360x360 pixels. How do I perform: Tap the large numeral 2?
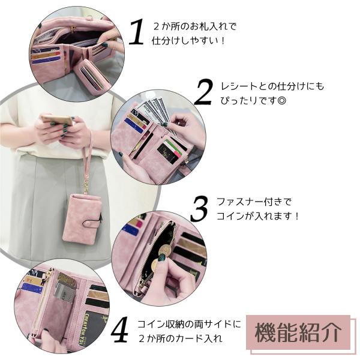(x=204, y=92)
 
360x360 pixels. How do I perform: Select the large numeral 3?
(x=199, y=209)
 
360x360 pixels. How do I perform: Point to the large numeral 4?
(x=119, y=329)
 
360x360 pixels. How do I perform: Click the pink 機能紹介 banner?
(x=298, y=332)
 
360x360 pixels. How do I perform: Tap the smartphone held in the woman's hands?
(x=58, y=120)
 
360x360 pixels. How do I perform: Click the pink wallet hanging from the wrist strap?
(x=82, y=218)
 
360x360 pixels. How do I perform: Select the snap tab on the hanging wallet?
(x=93, y=222)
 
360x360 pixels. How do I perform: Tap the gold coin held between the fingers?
(x=164, y=249)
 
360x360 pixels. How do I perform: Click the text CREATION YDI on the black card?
(x=88, y=329)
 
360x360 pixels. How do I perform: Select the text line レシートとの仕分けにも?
(x=272, y=86)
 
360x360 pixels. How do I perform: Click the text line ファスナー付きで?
(x=254, y=202)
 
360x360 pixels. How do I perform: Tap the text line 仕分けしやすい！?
(x=188, y=41)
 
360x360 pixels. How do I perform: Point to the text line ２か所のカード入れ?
(x=181, y=338)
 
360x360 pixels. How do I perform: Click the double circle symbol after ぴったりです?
(x=282, y=101)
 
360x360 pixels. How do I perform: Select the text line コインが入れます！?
(x=258, y=216)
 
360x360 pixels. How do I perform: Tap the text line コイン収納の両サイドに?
(x=189, y=324)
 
